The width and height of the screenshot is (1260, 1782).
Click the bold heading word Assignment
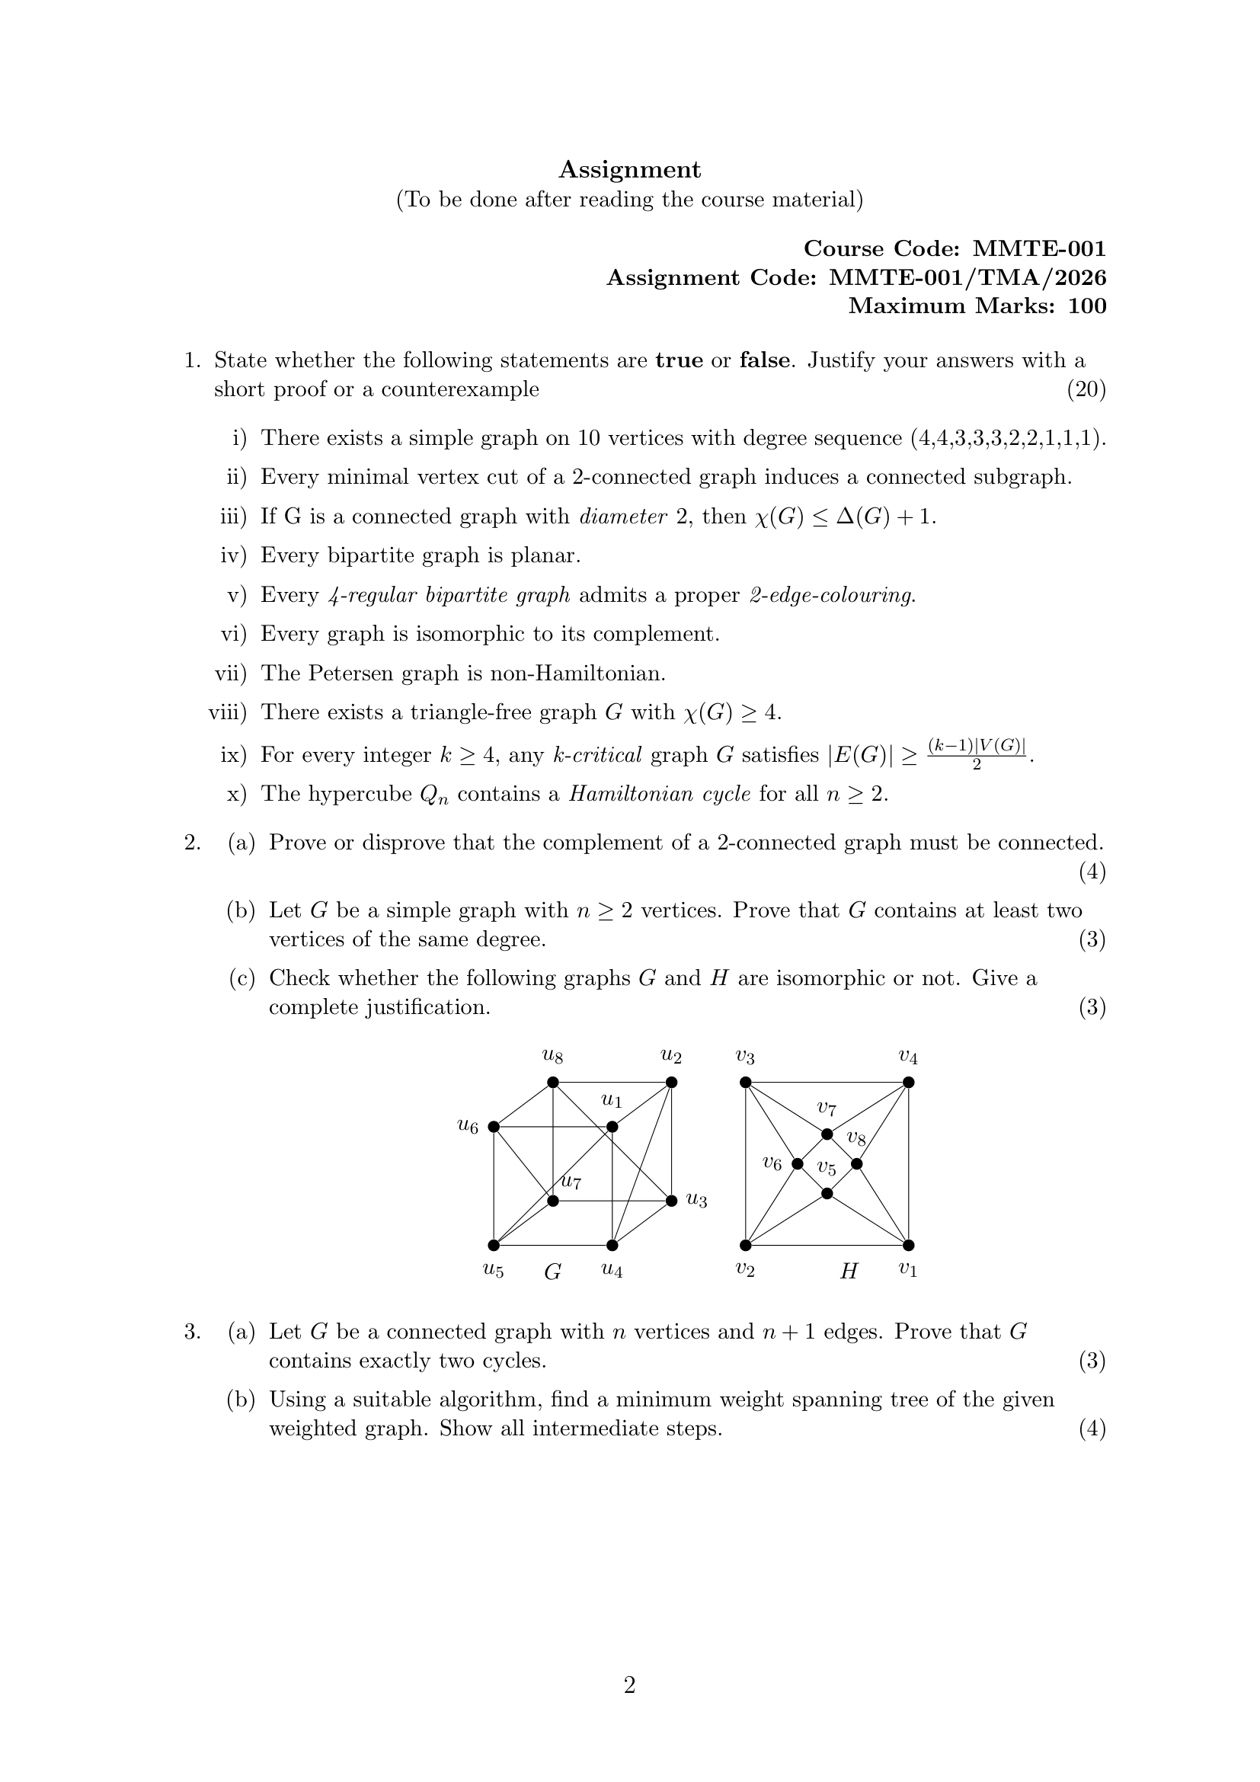[629, 169]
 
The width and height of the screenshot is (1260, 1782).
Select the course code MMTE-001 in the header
[1039, 248]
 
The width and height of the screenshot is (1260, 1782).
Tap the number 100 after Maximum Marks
[1087, 306]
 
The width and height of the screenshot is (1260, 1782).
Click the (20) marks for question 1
[1086, 389]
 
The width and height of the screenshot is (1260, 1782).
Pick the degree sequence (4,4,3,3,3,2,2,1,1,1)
[1008, 439]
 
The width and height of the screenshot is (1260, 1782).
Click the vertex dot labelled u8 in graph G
[552, 1082]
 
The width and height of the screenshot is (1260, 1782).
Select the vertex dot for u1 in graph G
[612, 1126]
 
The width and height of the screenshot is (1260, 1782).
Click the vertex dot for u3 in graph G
[672, 1201]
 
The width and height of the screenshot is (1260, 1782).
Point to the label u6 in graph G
[468, 1126]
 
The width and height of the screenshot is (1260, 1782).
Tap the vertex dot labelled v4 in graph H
[909, 1082]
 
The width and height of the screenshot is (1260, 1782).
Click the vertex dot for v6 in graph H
[797, 1163]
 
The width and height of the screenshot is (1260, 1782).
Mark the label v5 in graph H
[827, 1168]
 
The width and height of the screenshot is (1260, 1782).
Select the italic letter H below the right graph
[849, 1272]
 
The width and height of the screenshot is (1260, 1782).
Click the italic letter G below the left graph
[552, 1272]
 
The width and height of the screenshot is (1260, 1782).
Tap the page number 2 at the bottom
[629, 1685]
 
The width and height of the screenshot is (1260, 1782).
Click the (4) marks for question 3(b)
[1092, 1428]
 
